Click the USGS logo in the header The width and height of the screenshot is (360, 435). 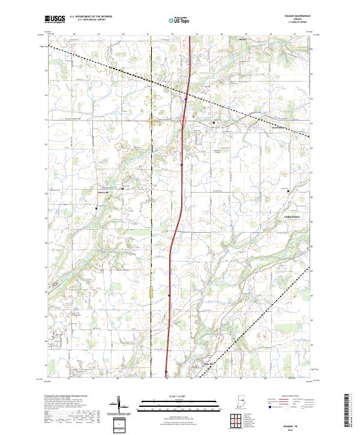pos(55,19)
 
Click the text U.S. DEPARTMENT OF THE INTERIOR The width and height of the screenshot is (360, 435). pos(91,16)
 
